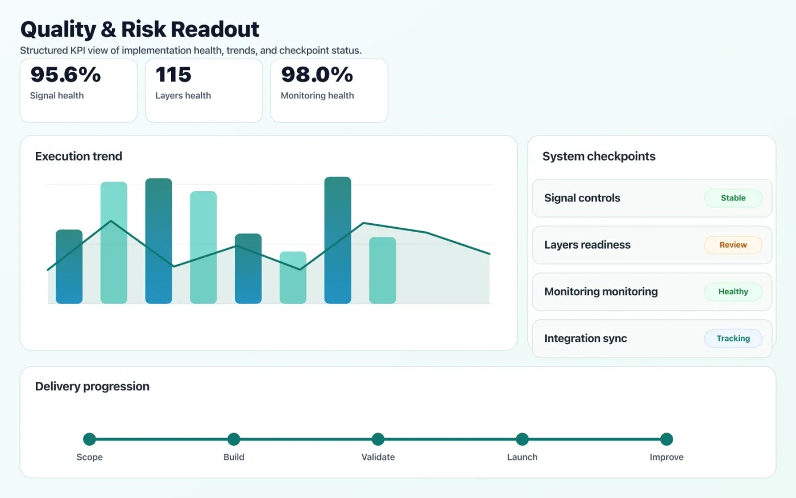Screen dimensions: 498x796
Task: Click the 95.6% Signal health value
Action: [65, 75]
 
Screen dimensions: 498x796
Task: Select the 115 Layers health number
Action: [173, 75]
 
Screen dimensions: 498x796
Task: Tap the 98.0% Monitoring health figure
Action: [317, 75]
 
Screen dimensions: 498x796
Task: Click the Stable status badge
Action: [733, 198]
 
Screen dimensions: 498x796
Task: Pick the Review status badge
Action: [733, 245]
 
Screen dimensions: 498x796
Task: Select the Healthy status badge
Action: [733, 291]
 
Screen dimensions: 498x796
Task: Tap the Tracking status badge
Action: [733, 338]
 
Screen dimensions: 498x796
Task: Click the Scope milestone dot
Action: [89, 439]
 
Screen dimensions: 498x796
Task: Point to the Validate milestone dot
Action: [378, 439]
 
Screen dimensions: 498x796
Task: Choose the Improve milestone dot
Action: [666, 439]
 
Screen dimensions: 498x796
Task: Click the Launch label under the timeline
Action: [522, 457]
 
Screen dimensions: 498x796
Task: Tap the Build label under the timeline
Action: [234, 457]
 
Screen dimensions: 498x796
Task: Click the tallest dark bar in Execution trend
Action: [338, 240]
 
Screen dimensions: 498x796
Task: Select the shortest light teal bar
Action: [293, 277]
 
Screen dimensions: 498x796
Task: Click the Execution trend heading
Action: [78, 157]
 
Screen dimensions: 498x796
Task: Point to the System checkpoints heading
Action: [599, 157]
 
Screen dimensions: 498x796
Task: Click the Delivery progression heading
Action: [92, 386]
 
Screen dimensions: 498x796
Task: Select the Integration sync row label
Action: [586, 339]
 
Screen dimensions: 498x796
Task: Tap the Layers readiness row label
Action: [587, 245]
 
